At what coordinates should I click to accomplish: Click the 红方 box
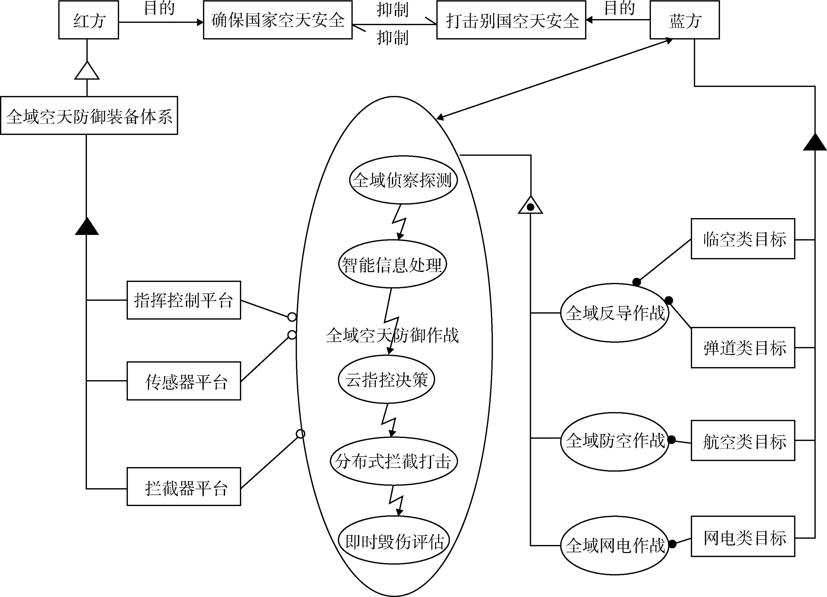click(89, 20)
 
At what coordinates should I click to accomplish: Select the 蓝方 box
click(684, 20)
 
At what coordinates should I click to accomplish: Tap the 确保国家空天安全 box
click(278, 20)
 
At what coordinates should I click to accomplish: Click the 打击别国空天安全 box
click(511, 20)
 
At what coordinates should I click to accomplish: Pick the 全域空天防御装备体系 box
click(89, 116)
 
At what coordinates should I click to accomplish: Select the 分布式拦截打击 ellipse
click(393, 461)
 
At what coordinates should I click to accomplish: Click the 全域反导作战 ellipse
click(615, 313)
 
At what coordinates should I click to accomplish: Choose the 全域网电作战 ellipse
click(615, 545)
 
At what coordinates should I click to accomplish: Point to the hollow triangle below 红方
click(87, 71)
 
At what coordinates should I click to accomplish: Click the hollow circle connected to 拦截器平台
click(300, 434)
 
